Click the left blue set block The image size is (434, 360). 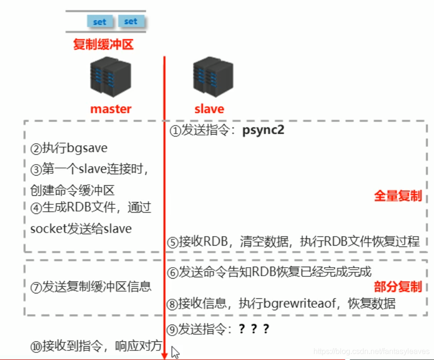point(100,22)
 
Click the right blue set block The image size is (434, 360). point(131,22)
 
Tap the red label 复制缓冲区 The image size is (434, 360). point(103,45)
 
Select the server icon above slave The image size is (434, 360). point(209,77)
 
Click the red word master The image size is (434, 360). point(111,109)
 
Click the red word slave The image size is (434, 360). point(209,109)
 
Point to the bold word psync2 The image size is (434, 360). point(264,130)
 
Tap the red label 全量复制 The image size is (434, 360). point(398,196)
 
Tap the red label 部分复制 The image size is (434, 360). point(398,286)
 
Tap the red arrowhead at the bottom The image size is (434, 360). point(165,355)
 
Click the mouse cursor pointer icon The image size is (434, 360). point(175,352)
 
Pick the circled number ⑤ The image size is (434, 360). point(172,242)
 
